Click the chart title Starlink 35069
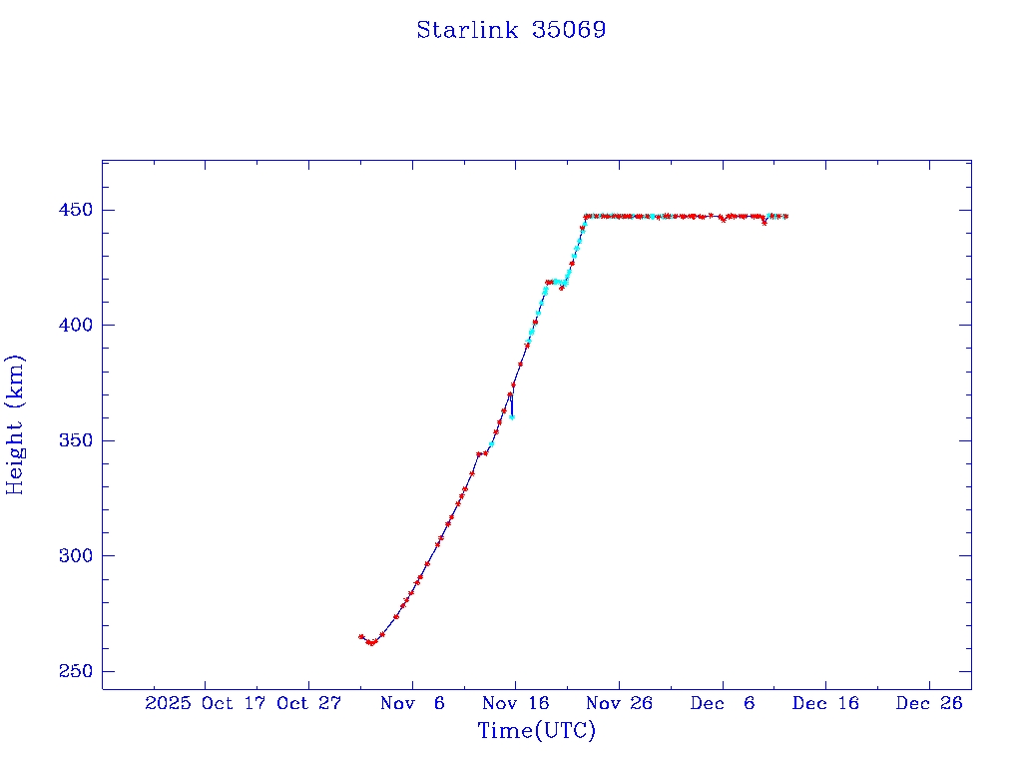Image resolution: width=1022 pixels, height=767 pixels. [511, 30]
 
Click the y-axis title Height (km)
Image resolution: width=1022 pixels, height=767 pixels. [15, 424]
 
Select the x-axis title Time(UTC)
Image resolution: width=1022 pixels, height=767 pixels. [536, 731]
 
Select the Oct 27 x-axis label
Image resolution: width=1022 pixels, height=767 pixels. [308, 703]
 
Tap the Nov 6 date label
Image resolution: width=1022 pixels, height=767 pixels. [412, 703]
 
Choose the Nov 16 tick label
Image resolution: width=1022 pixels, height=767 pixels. [515, 703]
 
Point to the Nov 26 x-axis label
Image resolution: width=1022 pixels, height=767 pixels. [619, 703]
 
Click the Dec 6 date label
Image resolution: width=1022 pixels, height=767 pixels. [723, 703]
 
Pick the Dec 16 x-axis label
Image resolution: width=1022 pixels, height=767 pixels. [825, 703]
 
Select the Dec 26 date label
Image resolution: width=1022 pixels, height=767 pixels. [929, 703]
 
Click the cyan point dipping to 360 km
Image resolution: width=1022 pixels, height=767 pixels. [512, 416]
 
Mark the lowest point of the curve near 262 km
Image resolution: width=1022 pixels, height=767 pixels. [370, 643]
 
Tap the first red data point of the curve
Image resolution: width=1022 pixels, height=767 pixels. [361, 636]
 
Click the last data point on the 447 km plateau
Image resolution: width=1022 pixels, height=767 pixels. [786, 217]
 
